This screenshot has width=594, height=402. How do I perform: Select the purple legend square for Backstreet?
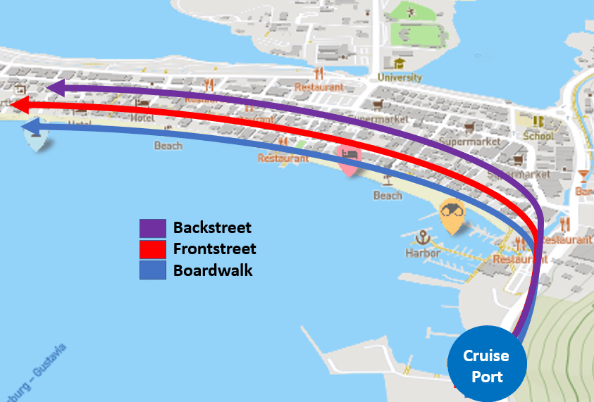(152, 228)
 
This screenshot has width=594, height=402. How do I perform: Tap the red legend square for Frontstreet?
(152, 249)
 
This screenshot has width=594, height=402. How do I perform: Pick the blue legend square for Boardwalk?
(152, 270)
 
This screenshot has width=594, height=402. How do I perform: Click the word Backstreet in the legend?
(212, 228)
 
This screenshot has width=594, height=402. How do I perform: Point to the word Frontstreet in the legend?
(214, 249)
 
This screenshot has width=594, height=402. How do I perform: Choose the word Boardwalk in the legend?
(213, 270)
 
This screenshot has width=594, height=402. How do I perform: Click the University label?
(400, 77)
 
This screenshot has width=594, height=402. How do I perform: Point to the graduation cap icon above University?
(400, 64)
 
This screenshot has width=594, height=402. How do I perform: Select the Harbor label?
(423, 253)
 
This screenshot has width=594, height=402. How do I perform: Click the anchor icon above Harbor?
(423, 237)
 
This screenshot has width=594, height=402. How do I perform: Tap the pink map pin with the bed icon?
(349, 159)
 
